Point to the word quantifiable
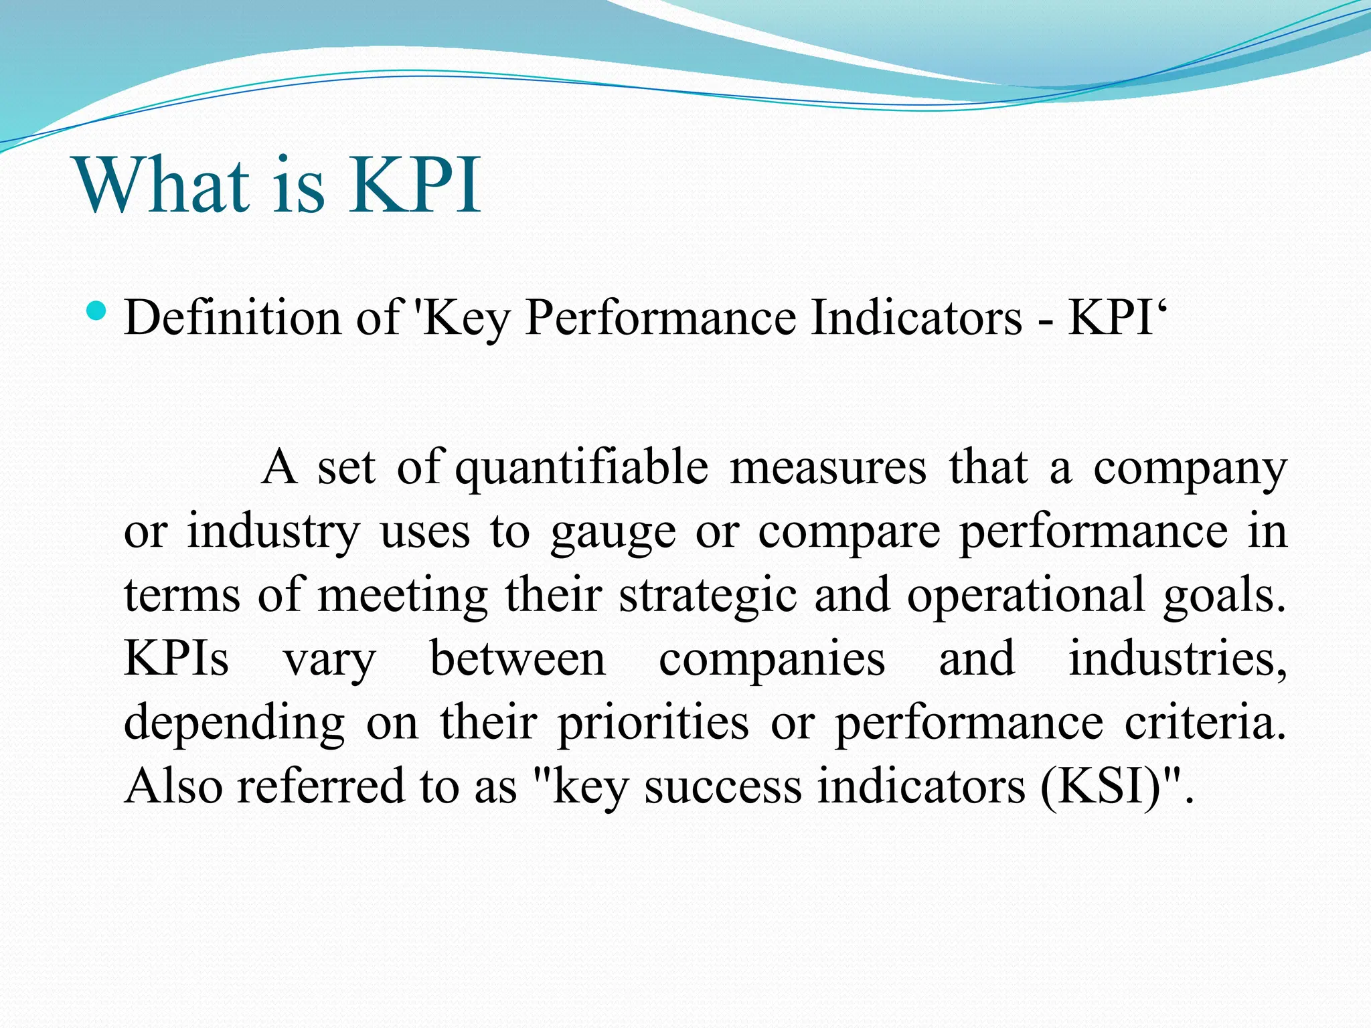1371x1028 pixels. (581, 468)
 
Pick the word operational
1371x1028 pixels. (1026, 596)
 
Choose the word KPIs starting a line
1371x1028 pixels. (176, 659)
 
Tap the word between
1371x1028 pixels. (517, 659)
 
